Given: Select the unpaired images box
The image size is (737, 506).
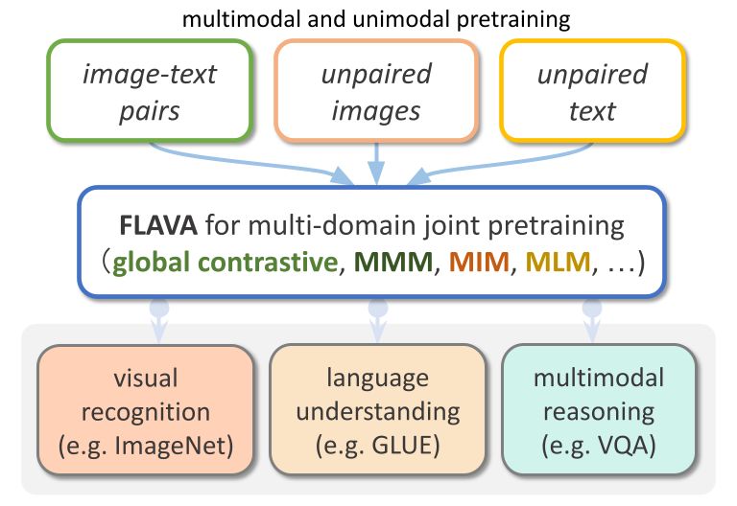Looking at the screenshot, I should coord(375,93).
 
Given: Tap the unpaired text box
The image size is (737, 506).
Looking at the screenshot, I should coord(592,93).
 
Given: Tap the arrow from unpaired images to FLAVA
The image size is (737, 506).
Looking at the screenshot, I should coord(375,161).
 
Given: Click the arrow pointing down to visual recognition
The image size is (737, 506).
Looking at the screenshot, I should coord(159,322).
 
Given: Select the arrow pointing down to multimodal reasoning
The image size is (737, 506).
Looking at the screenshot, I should coord(592,322).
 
